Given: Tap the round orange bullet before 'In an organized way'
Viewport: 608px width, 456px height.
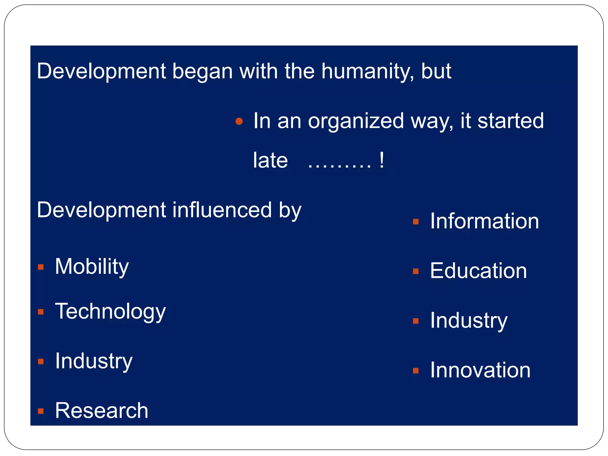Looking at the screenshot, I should click(239, 121).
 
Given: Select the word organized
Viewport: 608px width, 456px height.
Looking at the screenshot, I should click(356, 121).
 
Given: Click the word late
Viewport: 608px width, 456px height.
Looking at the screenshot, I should click(270, 161).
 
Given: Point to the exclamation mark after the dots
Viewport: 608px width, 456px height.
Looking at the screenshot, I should click(382, 161).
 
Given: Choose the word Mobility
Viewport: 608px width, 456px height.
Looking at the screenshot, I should click(92, 267).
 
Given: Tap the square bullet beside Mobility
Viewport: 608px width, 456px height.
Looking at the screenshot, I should click(41, 267).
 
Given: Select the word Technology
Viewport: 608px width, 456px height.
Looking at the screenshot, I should click(110, 311).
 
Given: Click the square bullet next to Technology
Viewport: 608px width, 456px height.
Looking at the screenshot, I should click(41, 312).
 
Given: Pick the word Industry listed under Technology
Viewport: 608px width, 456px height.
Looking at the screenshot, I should click(94, 361).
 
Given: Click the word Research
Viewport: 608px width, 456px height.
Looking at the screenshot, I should click(102, 411).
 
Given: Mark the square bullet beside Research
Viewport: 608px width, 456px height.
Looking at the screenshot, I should click(41, 411).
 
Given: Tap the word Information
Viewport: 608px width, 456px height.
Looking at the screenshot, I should click(484, 221).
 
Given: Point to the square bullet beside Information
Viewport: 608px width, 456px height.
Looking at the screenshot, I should click(416, 222).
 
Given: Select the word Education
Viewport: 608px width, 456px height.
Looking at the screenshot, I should click(478, 271).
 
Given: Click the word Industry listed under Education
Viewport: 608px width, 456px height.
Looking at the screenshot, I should click(468, 321).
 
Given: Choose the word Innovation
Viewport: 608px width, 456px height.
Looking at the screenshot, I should click(480, 370).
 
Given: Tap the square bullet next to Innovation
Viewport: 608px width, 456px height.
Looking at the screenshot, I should click(416, 371).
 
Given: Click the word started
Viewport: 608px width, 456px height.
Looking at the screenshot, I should click(510, 121).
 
